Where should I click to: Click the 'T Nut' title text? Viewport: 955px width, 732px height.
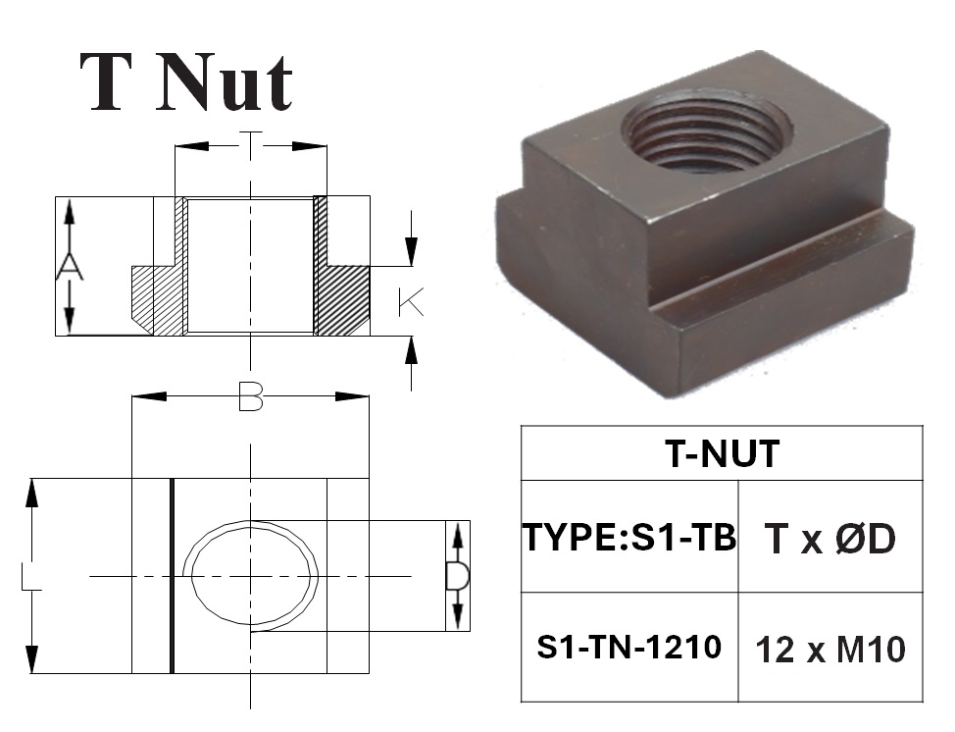(186, 82)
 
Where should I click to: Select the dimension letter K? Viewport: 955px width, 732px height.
(411, 302)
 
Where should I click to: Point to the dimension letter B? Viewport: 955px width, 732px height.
(250, 396)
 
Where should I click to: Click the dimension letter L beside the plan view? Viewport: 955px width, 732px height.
(31, 576)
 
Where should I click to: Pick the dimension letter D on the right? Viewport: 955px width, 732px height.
(458, 576)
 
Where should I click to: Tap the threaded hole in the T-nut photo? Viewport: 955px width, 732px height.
(707, 130)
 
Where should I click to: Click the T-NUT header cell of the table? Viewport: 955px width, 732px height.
(722, 453)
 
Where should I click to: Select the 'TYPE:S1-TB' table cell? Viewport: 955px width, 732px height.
(629, 537)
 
